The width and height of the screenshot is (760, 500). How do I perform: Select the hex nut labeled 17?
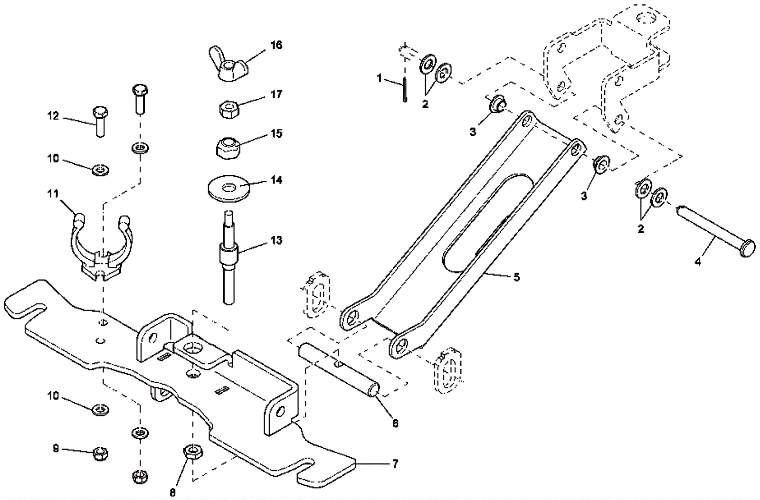coord(229,110)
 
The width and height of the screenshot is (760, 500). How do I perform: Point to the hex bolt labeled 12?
coord(101,121)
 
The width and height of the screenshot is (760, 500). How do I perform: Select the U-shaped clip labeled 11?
coord(101,247)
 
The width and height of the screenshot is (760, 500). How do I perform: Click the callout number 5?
coord(516,276)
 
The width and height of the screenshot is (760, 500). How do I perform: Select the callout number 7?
coord(395,463)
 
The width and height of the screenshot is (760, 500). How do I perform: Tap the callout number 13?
coord(276,240)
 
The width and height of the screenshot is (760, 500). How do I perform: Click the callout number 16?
coord(276,45)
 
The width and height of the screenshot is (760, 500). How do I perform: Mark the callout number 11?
coord(53,194)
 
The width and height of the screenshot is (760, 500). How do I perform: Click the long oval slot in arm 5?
coord(484,223)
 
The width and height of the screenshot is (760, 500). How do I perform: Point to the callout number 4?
coord(698,261)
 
